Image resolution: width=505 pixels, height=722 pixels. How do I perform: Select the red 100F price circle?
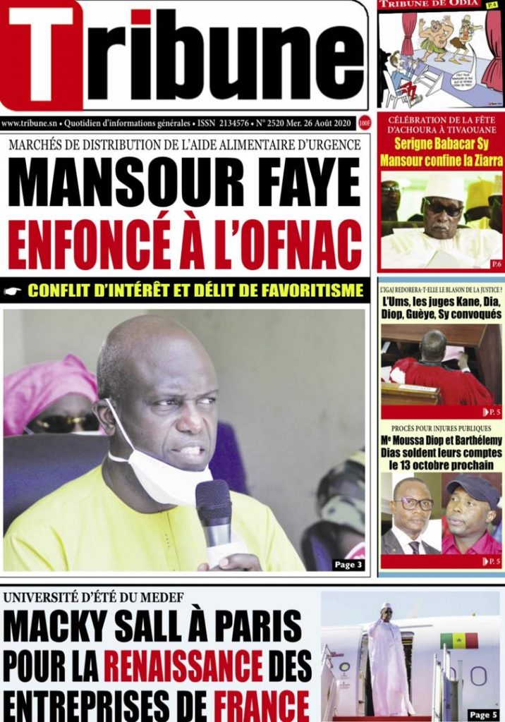(x=365, y=123)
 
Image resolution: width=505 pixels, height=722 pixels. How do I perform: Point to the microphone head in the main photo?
(x=213, y=503)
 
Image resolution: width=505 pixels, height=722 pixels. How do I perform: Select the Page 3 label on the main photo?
(x=348, y=564)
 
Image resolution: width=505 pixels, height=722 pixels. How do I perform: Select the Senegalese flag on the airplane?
(x=458, y=640)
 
